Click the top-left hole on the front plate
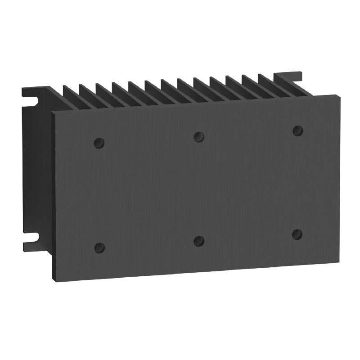(99, 143)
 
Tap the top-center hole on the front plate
(198, 136)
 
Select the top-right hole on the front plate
(297, 130)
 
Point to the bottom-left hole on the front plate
(99, 247)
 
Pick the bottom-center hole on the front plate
(198, 240)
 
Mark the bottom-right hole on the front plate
(297, 234)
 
